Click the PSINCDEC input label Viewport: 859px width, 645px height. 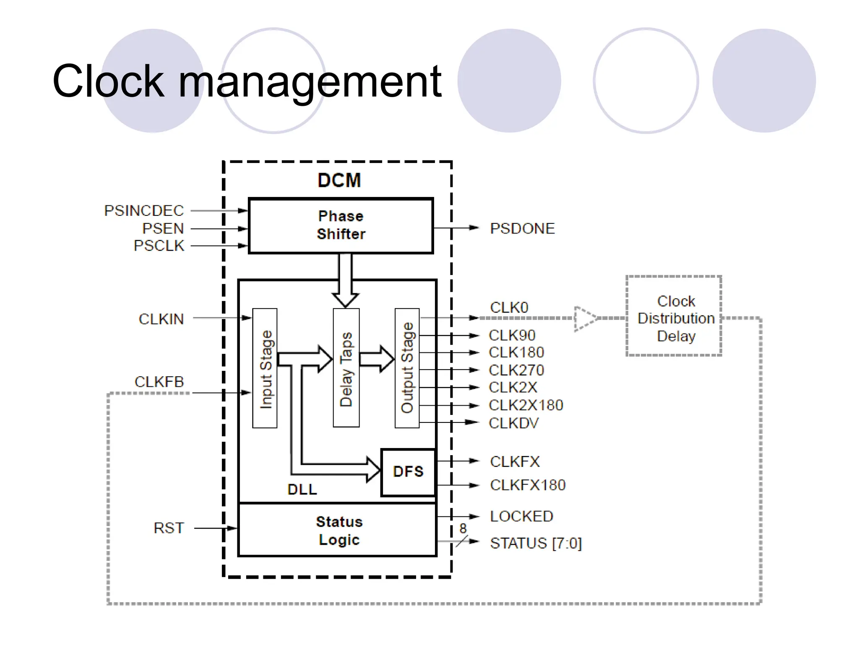click(144, 210)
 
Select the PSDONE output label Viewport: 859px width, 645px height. click(522, 228)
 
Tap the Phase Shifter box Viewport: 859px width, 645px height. click(341, 225)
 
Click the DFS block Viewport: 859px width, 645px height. click(408, 472)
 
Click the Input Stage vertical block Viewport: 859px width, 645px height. click(265, 368)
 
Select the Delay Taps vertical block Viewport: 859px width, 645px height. click(346, 368)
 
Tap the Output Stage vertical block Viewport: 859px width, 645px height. click(407, 368)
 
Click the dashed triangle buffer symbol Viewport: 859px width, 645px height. click(585, 319)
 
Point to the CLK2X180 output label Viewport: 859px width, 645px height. click(526, 405)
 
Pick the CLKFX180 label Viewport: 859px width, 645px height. click(527, 485)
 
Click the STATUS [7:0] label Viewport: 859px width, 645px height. click(536, 543)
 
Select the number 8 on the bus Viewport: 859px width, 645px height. click(463, 528)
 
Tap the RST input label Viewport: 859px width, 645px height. click(169, 528)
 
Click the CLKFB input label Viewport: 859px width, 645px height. click(159, 382)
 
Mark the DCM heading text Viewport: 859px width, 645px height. click(339, 181)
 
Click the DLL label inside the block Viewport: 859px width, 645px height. click(302, 489)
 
